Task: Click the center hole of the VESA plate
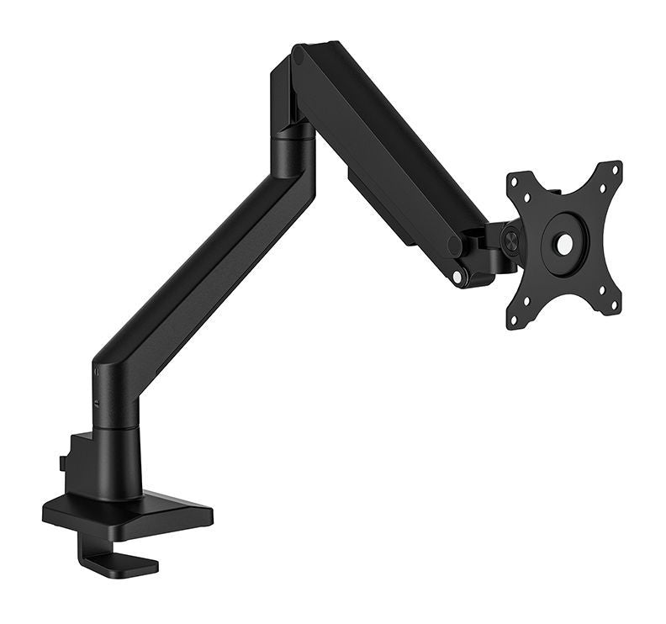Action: coord(565,242)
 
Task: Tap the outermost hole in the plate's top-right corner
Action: coord(616,169)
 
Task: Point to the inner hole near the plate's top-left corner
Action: coord(526,198)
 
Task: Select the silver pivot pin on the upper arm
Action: coord(457,276)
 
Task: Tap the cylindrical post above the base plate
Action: coord(118,458)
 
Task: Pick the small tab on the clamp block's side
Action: coord(64,463)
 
